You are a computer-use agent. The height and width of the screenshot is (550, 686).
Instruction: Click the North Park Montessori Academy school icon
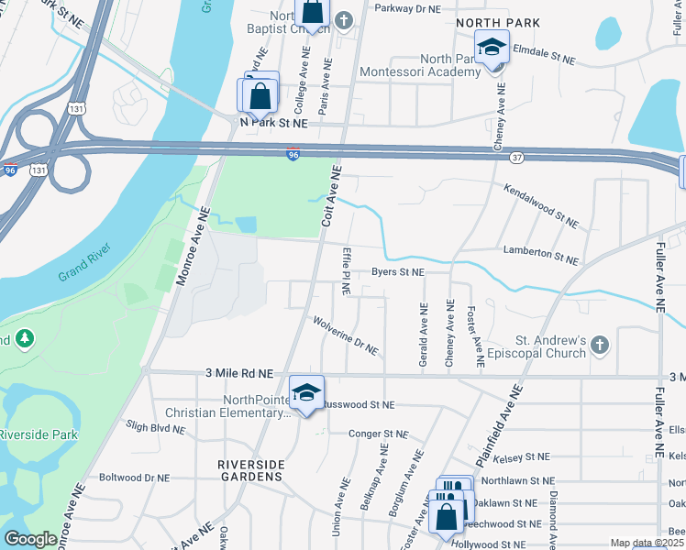[x=492, y=47]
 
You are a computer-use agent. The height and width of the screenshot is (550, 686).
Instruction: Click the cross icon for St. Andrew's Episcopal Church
[x=599, y=345]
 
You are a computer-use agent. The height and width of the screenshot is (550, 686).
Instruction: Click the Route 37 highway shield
[x=516, y=158]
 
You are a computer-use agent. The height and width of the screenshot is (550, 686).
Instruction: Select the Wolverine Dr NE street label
[x=346, y=335]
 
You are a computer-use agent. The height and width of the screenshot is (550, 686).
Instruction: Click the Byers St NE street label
[x=398, y=272]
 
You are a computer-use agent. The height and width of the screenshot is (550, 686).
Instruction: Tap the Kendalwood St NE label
[x=540, y=205]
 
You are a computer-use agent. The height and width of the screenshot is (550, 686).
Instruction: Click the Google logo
[x=31, y=539]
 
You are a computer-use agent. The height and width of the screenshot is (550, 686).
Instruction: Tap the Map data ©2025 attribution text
[x=646, y=543]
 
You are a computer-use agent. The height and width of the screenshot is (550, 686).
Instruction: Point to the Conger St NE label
[x=376, y=434]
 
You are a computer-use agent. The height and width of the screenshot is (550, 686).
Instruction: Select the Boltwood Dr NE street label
[x=134, y=478]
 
